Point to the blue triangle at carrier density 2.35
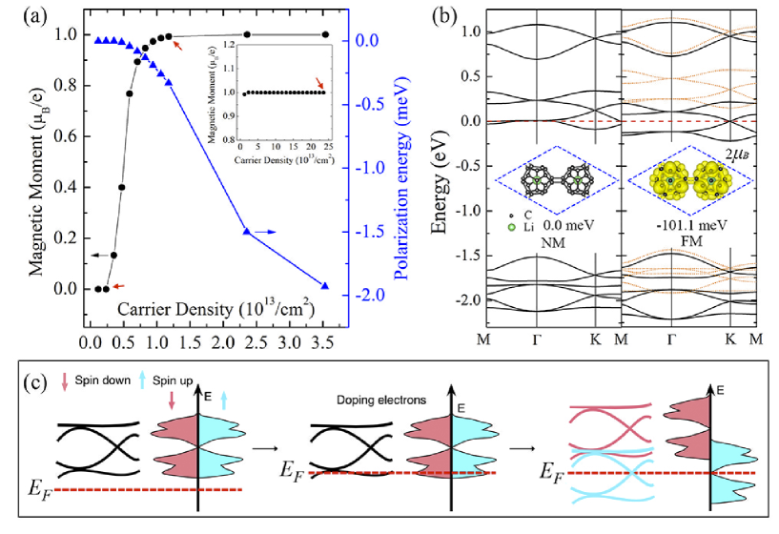click(247, 232)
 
